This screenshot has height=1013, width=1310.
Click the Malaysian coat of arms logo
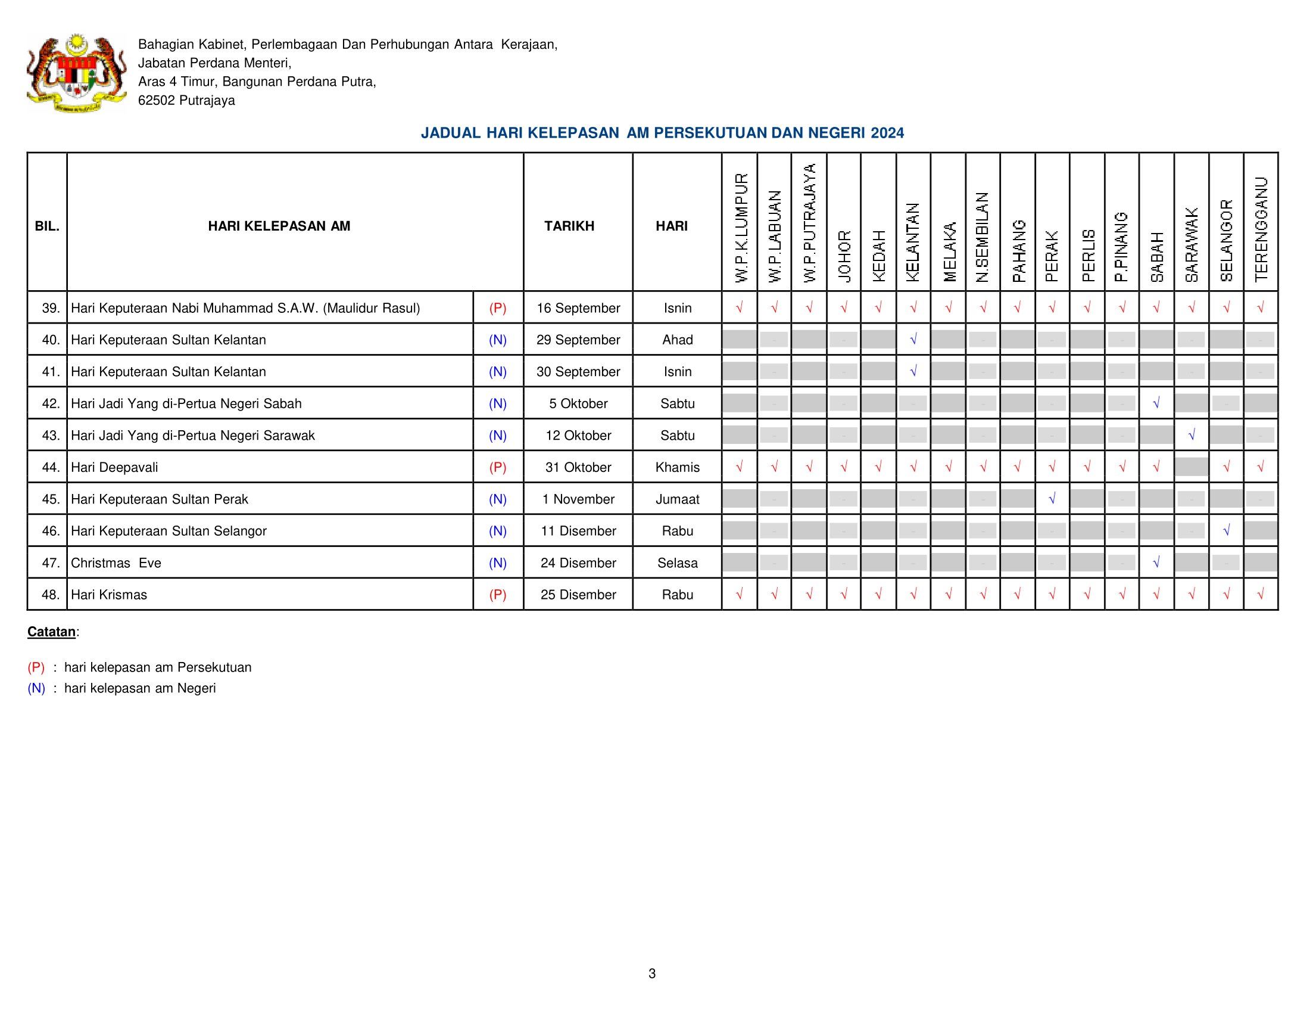point(76,73)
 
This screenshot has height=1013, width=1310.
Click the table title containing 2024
point(662,133)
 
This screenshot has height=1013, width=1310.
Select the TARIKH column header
point(569,226)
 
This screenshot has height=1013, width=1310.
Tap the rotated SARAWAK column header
point(1192,245)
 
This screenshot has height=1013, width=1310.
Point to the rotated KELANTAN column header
point(913,242)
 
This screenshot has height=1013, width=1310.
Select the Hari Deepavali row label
point(114,468)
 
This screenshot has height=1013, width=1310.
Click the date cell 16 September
point(578,309)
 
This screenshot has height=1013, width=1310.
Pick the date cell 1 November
point(578,499)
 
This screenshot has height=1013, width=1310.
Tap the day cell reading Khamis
point(677,468)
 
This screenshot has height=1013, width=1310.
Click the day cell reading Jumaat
point(677,499)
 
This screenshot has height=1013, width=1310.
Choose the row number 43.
point(51,436)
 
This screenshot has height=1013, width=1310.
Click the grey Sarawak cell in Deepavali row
point(1192,467)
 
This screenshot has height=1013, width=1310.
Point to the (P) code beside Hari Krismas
point(498,595)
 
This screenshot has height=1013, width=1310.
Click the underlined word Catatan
point(52,632)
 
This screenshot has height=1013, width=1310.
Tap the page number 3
point(652,974)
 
